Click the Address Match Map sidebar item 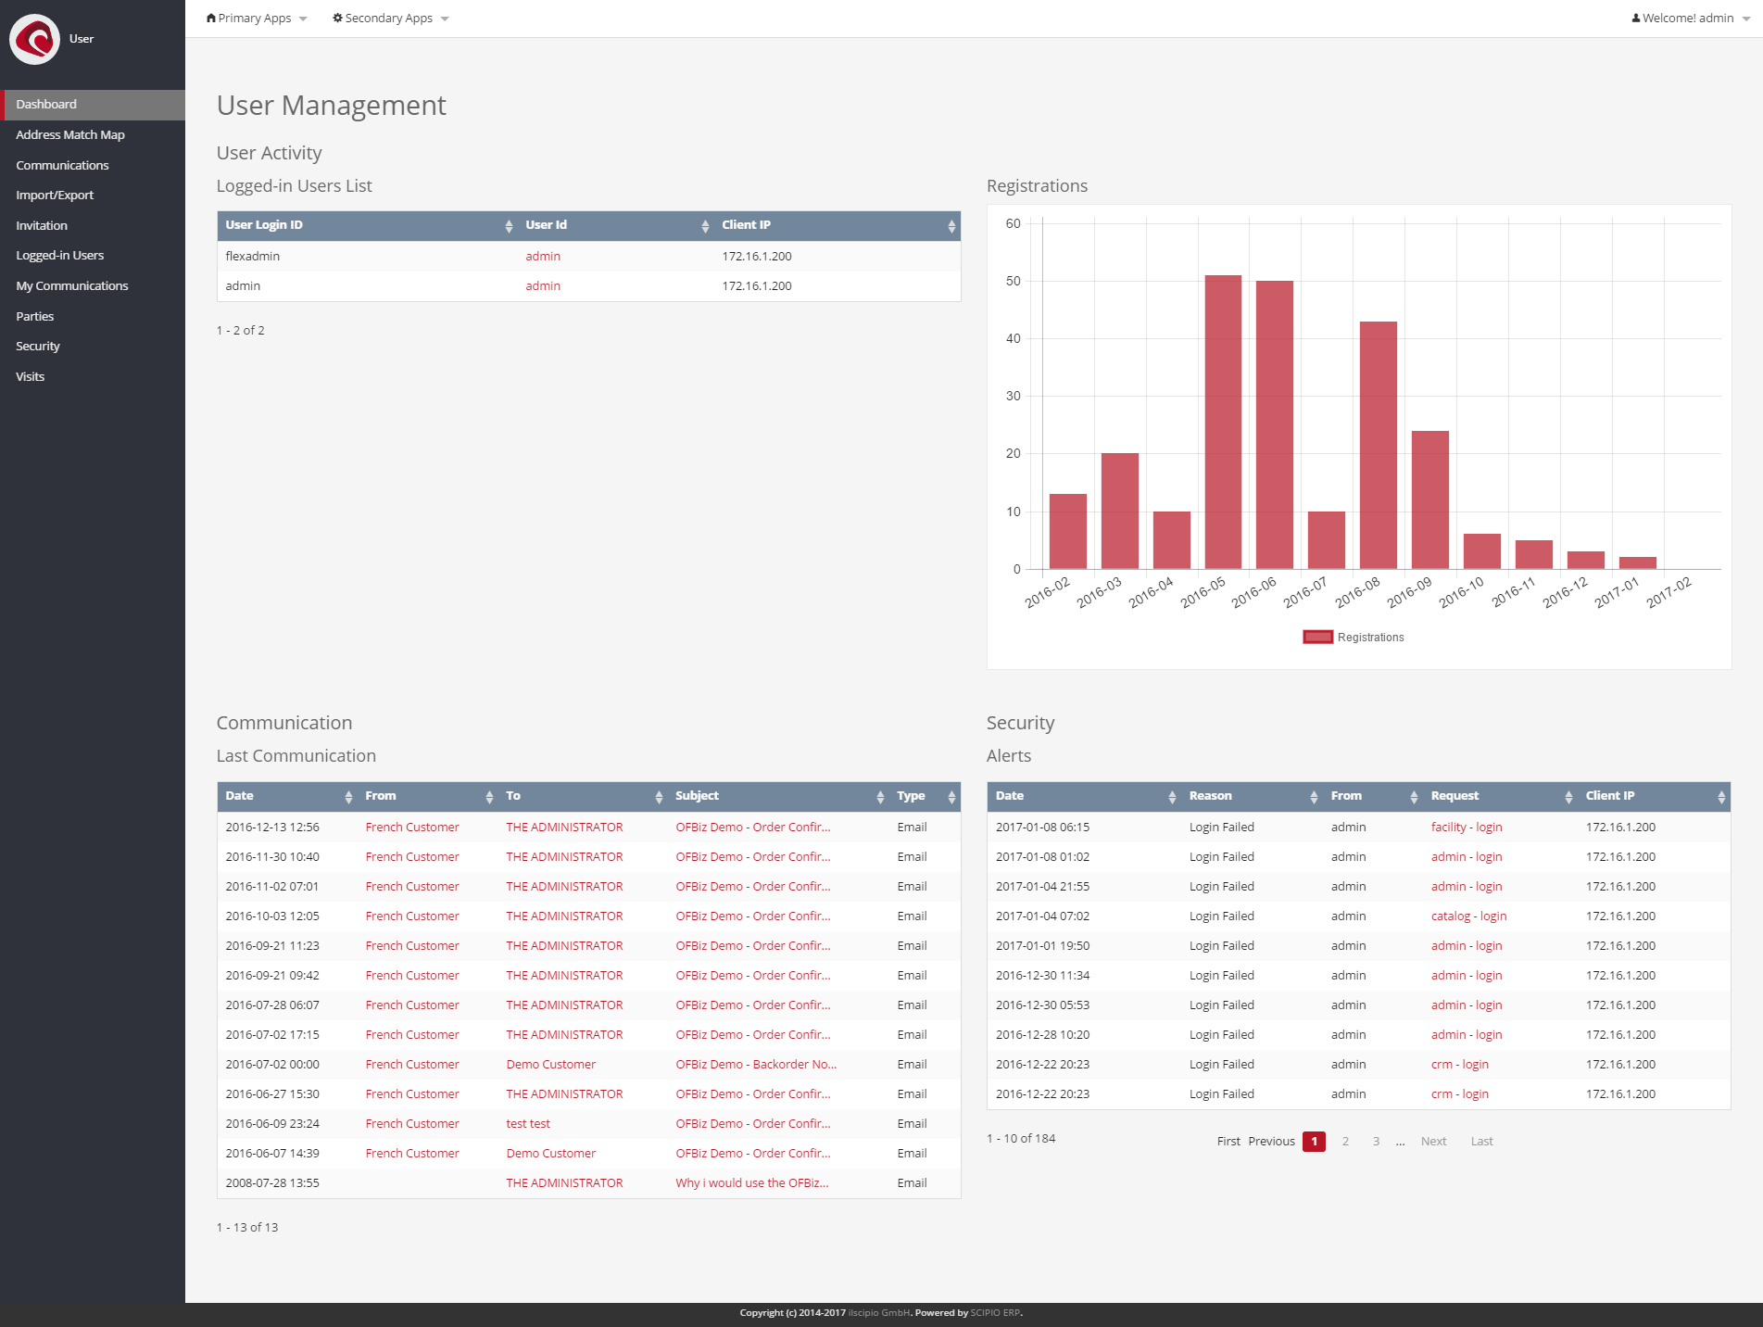[x=70, y=134]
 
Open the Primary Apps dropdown [x=256, y=19]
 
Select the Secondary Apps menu [x=390, y=19]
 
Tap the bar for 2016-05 [x=1223, y=422]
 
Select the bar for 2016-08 [x=1378, y=445]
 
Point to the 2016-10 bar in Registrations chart [x=1481, y=551]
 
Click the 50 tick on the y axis [x=1014, y=281]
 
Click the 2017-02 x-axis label [x=1669, y=592]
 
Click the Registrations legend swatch [x=1317, y=637]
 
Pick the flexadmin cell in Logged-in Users [x=253, y=256]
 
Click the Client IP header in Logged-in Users [x=747, y=225]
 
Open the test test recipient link [x=528, y=1123]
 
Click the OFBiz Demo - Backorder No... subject [x=756, y=1064]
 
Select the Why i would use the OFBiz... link [x=752, y=1182]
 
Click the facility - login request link [x=1467, y=827]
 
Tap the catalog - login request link [x=1468, y=916]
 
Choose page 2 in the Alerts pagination [x=1345, y=1141]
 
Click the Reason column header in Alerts [x=1211, y=796]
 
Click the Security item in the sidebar [x=38, y=346]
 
